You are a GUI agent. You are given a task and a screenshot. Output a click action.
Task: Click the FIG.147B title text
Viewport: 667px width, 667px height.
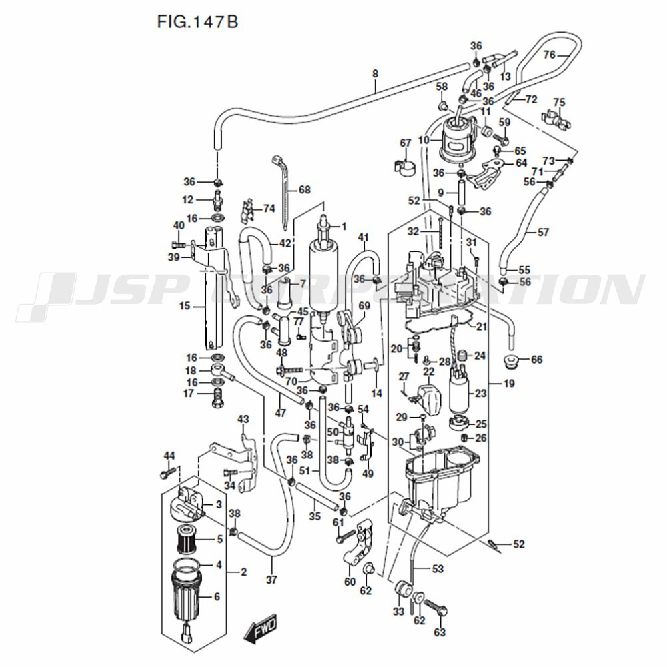coord(197,22)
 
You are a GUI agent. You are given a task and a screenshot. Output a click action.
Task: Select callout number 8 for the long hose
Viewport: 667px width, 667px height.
coord(375,74)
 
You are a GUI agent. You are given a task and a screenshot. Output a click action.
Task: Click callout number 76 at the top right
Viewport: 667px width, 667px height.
coord(549,55)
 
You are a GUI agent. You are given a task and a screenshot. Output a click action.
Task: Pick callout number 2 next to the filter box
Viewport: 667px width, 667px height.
coord(243,572)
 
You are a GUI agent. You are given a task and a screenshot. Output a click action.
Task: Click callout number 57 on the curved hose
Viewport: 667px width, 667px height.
coord(543,232)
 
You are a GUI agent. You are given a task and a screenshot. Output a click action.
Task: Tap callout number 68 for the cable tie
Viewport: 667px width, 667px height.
coord(304,190)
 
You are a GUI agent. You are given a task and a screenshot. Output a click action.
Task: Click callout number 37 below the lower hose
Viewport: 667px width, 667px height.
coord(271,580)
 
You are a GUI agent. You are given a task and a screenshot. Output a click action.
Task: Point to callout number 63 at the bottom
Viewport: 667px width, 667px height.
coord(440,632)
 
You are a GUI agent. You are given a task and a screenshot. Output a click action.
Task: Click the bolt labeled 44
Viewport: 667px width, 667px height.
coord(167,473)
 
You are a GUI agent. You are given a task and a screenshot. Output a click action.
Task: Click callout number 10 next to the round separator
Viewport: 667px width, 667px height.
coord(423,141)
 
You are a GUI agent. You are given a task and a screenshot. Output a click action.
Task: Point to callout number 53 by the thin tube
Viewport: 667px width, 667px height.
coord(438,568)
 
